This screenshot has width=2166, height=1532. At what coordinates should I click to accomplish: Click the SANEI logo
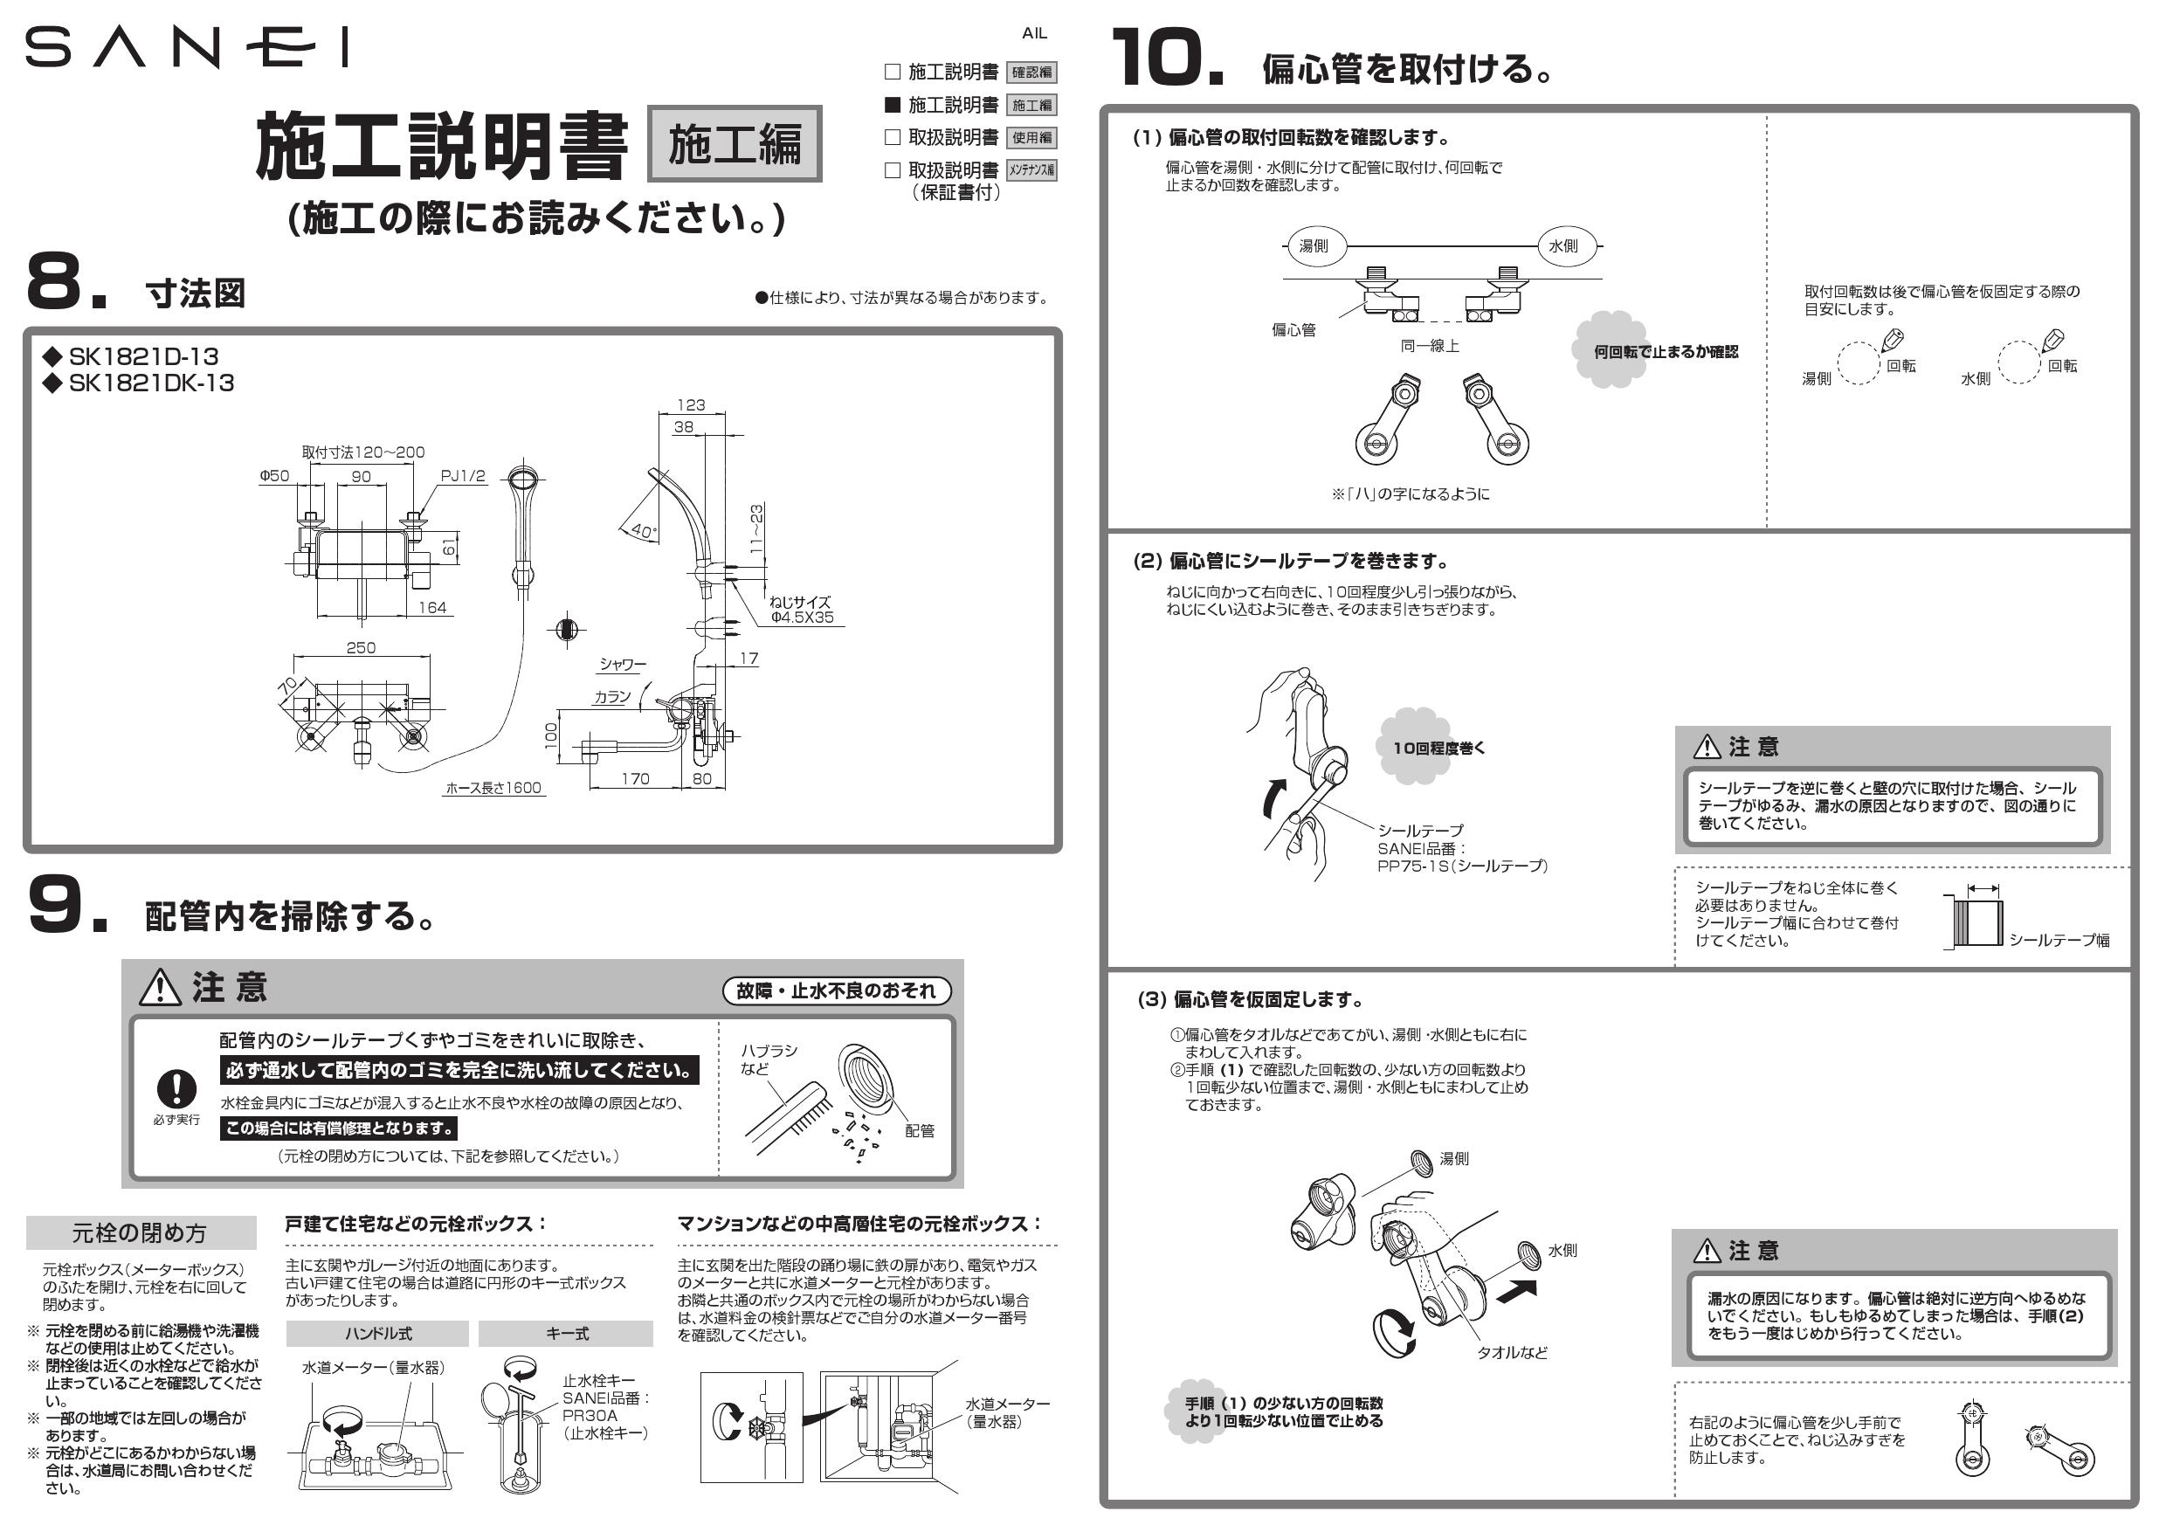click(186, 47)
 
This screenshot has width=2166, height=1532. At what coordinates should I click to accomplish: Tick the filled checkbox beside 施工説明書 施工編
click(893, 104)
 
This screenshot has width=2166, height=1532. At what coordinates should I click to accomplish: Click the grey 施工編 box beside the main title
click(734, 143)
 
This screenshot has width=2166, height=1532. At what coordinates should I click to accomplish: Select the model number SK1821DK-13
click(151, 383)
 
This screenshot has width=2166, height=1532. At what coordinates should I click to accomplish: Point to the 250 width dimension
click(361, 648)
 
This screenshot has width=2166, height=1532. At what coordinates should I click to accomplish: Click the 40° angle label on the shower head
click(643, 531)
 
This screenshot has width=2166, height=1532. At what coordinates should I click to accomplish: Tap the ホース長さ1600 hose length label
click(493, 788)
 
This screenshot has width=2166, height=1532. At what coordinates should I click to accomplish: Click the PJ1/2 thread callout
click(463, 476)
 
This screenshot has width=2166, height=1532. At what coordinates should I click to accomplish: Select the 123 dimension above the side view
click(691, 404)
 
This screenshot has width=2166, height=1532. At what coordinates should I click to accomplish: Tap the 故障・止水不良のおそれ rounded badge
click(836, 990)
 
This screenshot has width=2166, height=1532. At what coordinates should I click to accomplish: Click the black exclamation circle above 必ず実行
click(176, 1088)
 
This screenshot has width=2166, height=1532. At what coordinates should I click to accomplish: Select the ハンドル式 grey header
click(377, 1333)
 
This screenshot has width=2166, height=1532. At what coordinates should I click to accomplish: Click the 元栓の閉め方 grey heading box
click(141, 1233)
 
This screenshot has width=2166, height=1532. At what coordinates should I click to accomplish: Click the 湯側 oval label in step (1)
click(1314, 246)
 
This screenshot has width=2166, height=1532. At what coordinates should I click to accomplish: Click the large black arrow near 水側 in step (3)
click(1517, 1291)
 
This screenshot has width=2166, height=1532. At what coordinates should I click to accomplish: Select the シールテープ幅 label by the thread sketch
click(2059, 941)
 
